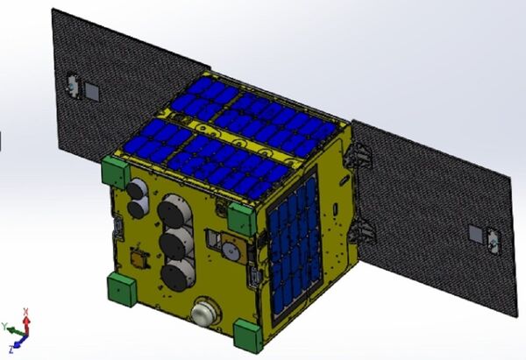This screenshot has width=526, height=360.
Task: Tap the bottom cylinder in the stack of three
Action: tap(177, 275)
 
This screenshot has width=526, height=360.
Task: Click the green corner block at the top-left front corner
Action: tap(116, 170)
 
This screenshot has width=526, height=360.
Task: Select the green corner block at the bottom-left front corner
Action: tap(121, 289)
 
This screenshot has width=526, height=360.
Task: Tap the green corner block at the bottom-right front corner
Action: tap(248, 335)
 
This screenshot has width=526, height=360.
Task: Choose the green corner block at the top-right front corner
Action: tap(243, 216)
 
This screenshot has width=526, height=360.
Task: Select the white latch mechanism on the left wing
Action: tap(69, 84)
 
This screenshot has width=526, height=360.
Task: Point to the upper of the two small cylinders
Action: tap(137, 189)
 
